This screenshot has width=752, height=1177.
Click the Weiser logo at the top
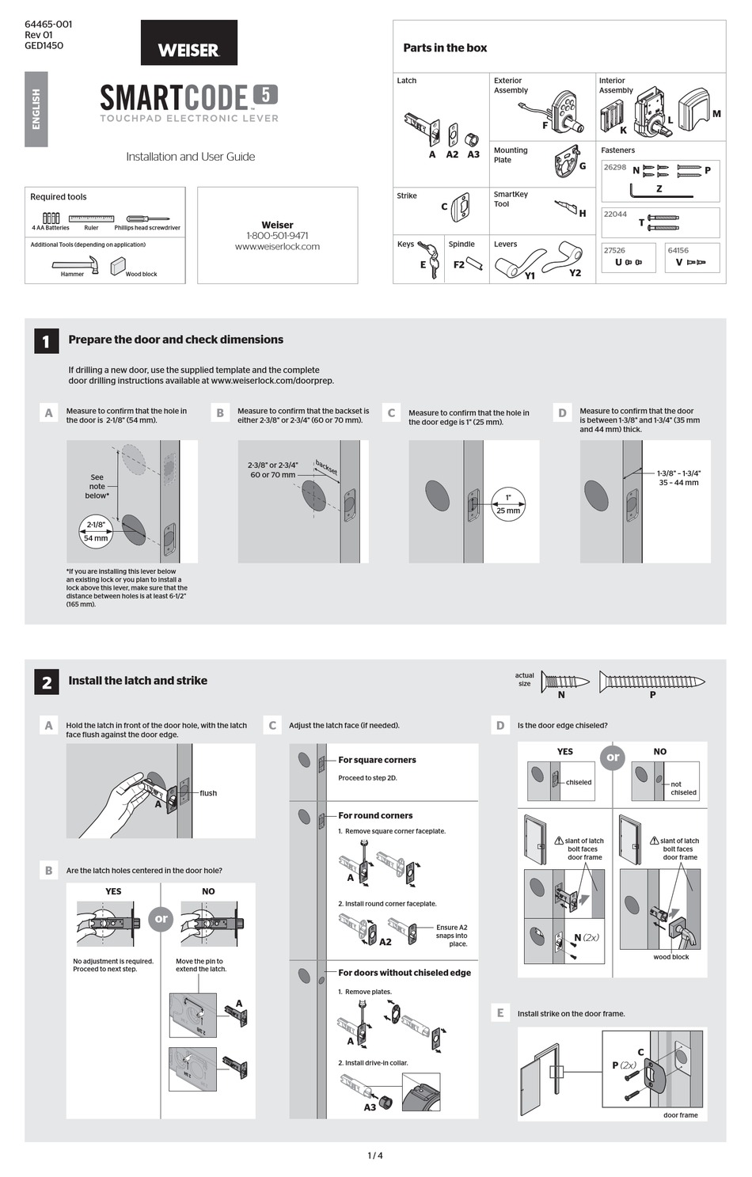pyautogui.click(x=188, y=49)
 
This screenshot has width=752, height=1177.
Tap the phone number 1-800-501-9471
pyautogui.click(x=277, y=236)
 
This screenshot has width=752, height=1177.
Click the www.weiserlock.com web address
pyautogui.click(x=277, y=247)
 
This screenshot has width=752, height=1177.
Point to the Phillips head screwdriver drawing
pyautogui.click(x=148, y=218)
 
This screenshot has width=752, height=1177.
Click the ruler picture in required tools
pyautogui.click(x=91, y=218)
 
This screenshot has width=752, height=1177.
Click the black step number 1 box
pyautogui.click(x=46, y=341)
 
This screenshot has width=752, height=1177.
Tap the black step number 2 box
pyautogui.click(x=46, y=682)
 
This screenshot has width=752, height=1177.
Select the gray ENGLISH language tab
pyautogui.click(x=36, y=109)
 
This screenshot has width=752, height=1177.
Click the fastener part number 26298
pyautogui.click(x=614, y=168)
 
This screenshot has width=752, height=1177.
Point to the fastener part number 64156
pyautogui.click(x=678, y=250)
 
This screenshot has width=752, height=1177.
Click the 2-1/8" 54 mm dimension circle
pyautogui.click(x=96, y=531)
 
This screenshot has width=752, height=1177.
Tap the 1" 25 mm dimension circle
pyautogui.click(x=508, y=503)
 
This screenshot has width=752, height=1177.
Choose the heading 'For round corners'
pyautogui.click(x=375, y=815)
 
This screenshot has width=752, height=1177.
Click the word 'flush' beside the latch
pyautogui.click(x=208, y=793)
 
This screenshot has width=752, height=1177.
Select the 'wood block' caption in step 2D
pyautogui.click(x=670, y=957)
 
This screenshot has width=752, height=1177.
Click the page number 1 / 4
pyautogui.click(x=375, y=1156)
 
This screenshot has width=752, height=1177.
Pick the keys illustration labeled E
pyautogui.click(x=428, y=258)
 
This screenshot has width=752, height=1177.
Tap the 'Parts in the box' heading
pyautogui.click(x=445, y=48)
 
